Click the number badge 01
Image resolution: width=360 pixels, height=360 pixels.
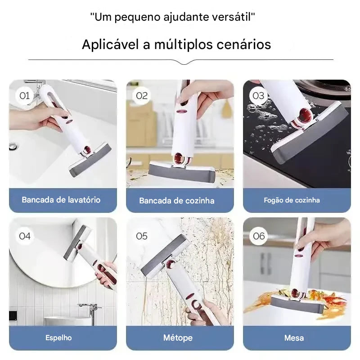(24, 95)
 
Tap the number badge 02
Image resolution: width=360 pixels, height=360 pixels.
(141, 95)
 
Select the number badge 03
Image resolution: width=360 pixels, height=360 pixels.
(258, 95)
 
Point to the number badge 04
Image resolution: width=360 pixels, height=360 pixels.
(24, 236)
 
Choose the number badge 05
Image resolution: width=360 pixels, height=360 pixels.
(141, 236)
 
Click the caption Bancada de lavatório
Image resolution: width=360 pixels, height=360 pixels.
(61, 200)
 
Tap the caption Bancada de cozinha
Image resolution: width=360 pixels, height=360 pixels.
(177, 201)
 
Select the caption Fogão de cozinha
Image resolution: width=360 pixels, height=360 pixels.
(292, 200)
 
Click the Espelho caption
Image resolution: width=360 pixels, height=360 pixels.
(58, 337)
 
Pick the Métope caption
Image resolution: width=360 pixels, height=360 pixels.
(178, 337)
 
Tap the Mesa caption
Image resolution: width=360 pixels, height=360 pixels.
(294, 337)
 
